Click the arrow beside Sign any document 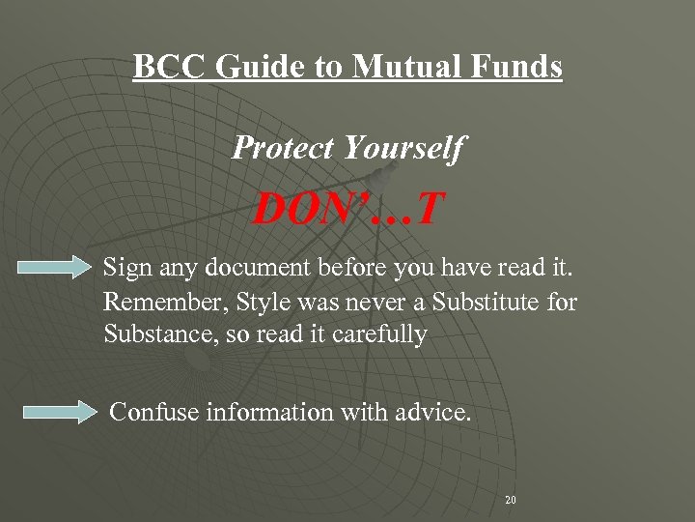pos(54,268)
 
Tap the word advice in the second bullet pos(431,412)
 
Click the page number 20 pos(511,500)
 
